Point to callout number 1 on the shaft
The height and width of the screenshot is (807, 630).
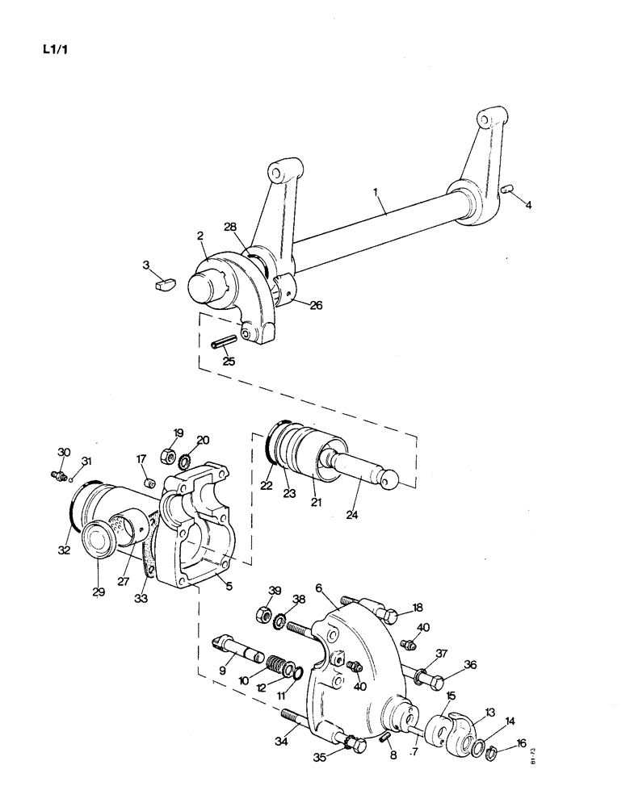[376, 192]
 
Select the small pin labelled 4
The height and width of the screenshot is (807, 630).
[508, 189]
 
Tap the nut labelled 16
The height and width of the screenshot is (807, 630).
[490, 755]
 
